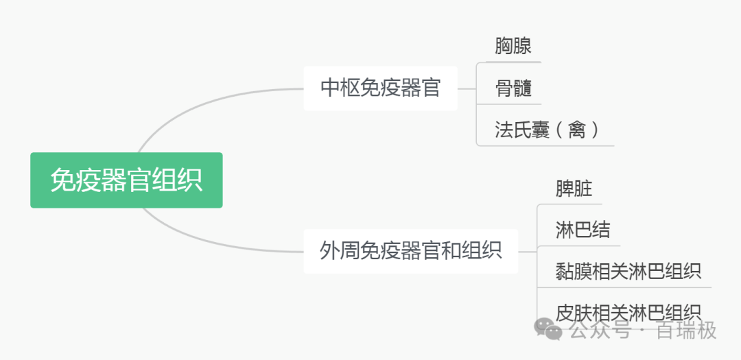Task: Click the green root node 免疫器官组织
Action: [126, 180]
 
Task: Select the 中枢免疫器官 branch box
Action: [380, 88]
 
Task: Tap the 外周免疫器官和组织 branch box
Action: [410, 250]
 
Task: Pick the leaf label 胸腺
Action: [513, 46]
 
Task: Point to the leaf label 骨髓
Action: [513, 88]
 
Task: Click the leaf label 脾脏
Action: [574, 188]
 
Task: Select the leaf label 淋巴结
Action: [583, 230]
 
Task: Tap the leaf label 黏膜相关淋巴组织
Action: [628, 271]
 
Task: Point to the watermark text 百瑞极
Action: [686, 331]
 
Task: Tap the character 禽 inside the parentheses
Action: [576, 130]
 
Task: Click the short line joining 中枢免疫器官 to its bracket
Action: [467, 88]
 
